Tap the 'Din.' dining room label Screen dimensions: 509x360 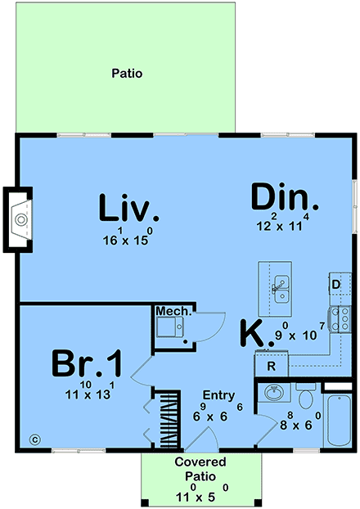pyautogui.click(x=283, y=199)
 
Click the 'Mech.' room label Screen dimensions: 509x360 pyautogui.click(x=174, y=312)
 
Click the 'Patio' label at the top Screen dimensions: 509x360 pyautogui.click(x=127, y=73)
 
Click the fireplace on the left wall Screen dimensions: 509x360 pyautogui.click(x=20, y=218)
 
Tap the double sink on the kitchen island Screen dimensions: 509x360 pyautogui.click(x=281, y=289)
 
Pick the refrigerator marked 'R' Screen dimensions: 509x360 pyautogui.click(x=270, y=365)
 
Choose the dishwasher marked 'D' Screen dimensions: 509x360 pyautogui.click(x=336, y=285)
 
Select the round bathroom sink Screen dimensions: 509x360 pyautogui.click(x=273, y=394)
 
